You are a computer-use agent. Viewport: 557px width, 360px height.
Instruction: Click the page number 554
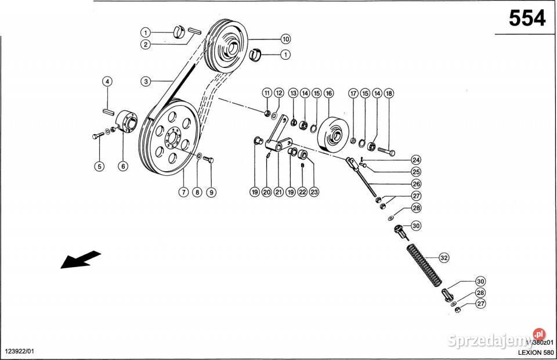(527, 19)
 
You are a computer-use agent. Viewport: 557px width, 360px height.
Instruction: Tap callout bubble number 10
(285, 39)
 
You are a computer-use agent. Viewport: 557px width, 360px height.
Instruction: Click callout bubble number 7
(183, 192)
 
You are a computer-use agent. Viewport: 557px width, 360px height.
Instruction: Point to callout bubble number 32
(444, 257)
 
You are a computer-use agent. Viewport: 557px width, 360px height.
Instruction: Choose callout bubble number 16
(329, 93)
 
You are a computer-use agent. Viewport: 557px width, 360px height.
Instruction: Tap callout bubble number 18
(389, 93)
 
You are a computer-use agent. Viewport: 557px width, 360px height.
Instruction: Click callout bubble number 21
(279, 192)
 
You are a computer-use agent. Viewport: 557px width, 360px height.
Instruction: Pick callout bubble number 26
(416, 184)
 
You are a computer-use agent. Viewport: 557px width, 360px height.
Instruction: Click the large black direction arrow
(80, 259)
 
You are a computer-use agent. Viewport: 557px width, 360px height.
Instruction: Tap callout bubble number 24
(416, 160)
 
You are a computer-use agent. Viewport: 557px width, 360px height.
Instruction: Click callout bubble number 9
(211, 192)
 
